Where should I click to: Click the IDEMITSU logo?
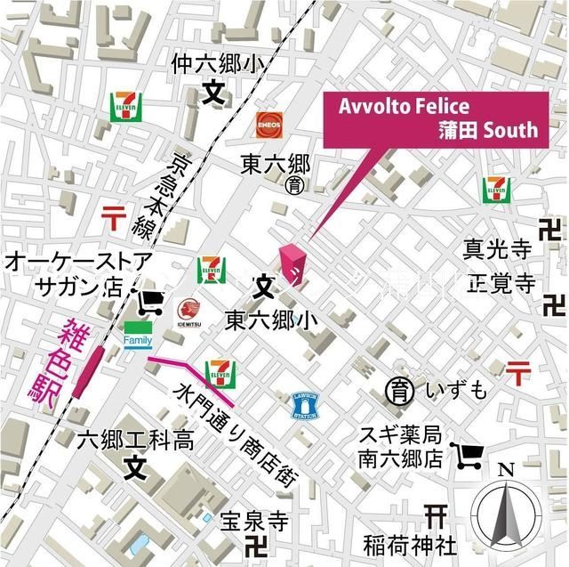(188, 313)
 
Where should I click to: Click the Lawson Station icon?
(304, 407)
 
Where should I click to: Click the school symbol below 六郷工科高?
(134, 466)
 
